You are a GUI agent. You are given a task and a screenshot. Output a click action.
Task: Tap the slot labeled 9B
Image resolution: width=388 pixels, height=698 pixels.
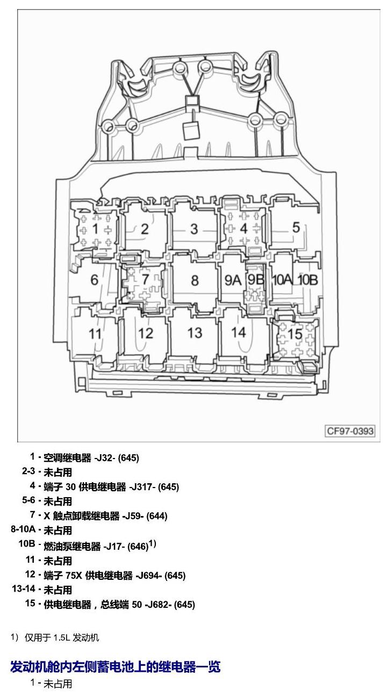click(256, 280)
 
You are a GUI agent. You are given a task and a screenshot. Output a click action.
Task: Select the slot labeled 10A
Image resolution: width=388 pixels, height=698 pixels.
click(282, 280)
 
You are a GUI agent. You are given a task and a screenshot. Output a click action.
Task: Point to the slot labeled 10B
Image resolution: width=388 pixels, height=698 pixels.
click(308, 280)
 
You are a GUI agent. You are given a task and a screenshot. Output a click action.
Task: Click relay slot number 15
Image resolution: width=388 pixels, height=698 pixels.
click(294, 334)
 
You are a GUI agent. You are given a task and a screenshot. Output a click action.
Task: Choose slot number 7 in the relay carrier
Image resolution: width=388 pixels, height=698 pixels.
click(145, 279)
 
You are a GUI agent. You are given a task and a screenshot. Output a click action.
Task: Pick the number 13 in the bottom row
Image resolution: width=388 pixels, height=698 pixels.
click(195, 333)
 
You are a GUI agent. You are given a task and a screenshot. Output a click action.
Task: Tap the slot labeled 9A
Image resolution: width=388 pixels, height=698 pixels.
click(233, 280)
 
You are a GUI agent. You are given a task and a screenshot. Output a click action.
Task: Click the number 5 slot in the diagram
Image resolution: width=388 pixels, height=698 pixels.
click(296, 228)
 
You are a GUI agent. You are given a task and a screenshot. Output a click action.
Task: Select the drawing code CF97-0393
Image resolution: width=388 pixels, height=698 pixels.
click(350, 431)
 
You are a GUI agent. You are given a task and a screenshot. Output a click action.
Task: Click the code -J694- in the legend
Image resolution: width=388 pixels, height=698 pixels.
click(149, 575)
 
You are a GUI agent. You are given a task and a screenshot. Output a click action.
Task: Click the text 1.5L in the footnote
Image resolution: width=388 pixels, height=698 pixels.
click(61, 637)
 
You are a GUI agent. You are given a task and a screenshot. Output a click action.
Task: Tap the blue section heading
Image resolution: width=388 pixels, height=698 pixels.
click(116, 667)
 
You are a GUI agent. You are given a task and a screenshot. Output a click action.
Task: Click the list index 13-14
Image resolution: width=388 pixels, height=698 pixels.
click(24, 588)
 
